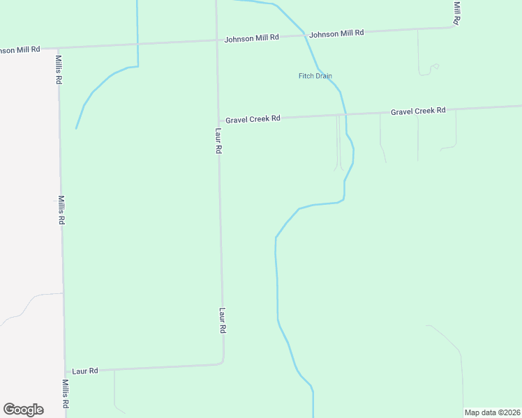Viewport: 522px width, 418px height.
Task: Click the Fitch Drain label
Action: [x=315, y=76]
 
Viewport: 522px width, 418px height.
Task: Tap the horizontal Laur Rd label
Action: [x=85, y=371]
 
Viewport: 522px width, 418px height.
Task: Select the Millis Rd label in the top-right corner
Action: [x=456, y=12]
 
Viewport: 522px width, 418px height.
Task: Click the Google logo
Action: [x=23, y=410]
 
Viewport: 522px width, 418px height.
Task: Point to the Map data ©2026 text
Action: [x=492, y=412]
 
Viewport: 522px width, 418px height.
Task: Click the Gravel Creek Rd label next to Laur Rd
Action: [x=253, y=119]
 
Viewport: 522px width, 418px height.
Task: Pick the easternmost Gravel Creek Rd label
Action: [x=418, y=111]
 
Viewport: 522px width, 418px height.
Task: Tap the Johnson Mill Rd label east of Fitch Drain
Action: [x=336, y=33]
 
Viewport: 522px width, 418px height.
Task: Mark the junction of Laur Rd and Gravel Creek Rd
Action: [x=218, y=120]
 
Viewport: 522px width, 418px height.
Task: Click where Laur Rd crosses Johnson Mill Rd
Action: [x=216, y=40]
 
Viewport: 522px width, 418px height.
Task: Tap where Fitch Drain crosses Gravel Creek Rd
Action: [x=345, y=114]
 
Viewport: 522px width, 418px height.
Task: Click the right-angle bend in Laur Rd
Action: [x=222, y=362]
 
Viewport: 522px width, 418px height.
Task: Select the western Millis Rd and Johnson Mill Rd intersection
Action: [x=59, y=47]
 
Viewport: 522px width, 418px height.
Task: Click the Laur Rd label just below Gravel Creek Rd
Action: [x=218, y=140]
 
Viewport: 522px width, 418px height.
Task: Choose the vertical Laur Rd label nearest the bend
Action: [x=223, y=320]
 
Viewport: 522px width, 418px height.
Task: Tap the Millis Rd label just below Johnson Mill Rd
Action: [x=59, y=70]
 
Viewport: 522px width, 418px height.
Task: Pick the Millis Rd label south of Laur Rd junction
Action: [x=65, y=394]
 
